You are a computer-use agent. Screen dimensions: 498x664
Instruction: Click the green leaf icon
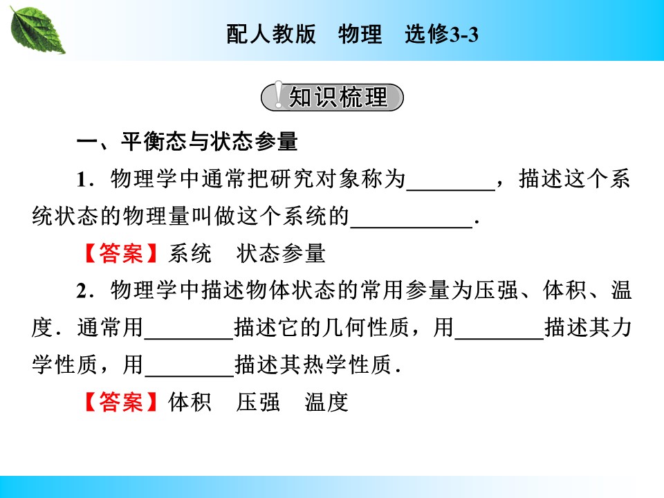[x=39, y=28]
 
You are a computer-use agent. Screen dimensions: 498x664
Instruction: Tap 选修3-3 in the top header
[x=441, y=35]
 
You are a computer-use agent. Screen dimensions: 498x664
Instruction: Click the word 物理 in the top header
[x=360, y=35]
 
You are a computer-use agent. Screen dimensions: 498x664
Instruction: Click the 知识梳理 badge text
[x=338, y=98]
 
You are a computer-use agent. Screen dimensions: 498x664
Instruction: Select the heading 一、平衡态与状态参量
[x=187, y=142]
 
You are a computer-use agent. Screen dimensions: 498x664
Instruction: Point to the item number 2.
[x=83, y=290]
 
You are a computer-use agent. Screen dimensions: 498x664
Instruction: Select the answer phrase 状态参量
[x=281, y=254]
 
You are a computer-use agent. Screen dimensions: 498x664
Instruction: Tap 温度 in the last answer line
[x=326, y=402]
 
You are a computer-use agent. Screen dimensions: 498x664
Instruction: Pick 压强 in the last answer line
[x=258, y=402]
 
